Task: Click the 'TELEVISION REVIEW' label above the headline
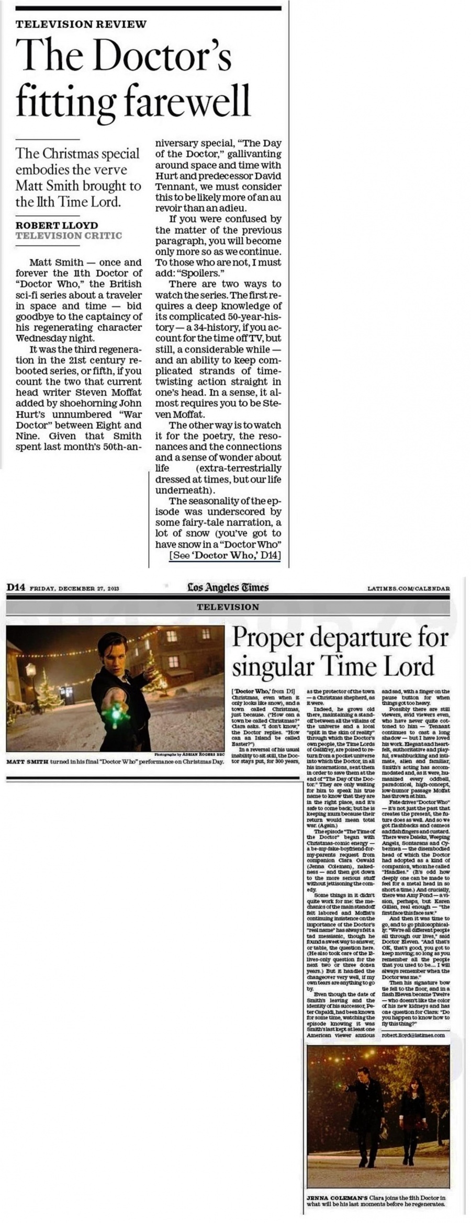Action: pyautogui.click(x=81, y=24)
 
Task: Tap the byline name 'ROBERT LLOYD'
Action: pyautogui.click(x=57, y=225)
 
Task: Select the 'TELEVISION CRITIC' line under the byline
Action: pyautogui.click(x=69, y=235)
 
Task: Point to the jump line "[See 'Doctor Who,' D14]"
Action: pyautogui.click(x=225, y=556)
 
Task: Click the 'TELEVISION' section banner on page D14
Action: pyautogui.click(x=228, y=607)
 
